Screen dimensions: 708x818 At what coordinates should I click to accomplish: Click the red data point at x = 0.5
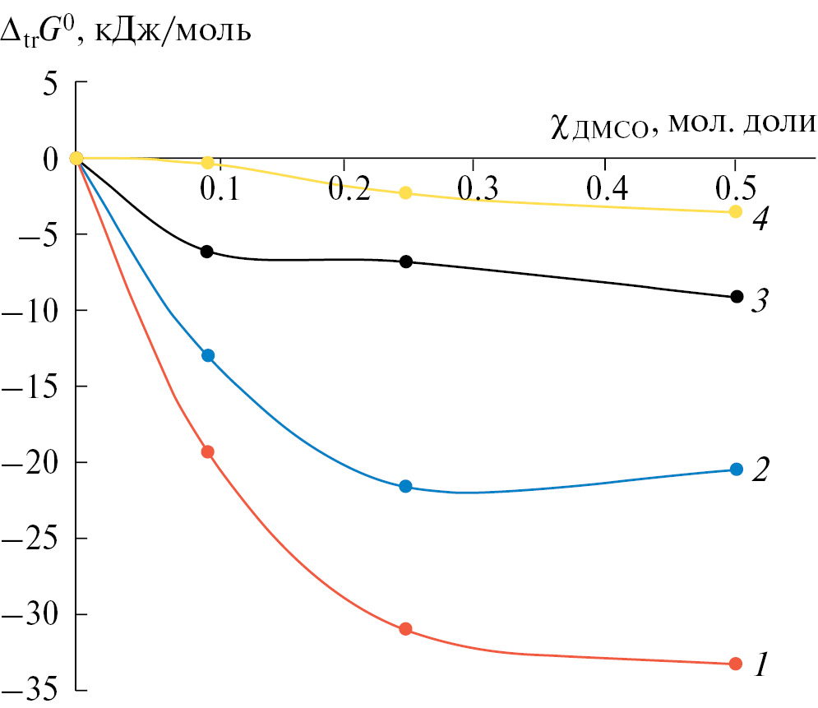pyautogui.click(x=736, y=664)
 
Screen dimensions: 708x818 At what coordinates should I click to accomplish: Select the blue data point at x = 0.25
pyautogui.click(x=405, y=487)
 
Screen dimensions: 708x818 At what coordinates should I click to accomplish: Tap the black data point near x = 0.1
pyautogui.click(x=207, y=252)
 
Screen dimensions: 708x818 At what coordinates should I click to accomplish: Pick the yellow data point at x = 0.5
pyautogui.click(x=736, y=212)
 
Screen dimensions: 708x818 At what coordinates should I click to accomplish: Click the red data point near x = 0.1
pyautogui.click(x=207, y=451)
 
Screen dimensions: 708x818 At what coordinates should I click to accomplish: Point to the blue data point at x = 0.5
pyautogui.click(x=736, y=470)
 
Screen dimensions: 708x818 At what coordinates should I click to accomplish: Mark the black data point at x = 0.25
pyautogui.click(x=405, y=261)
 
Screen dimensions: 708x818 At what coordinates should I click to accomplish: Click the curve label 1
pyautogui.click(x=762, y=663)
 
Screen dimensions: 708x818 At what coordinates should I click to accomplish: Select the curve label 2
pyautogui.click(x=761, y=470)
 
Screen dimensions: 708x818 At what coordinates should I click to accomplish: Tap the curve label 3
pyautogui.click(x=760, y=302)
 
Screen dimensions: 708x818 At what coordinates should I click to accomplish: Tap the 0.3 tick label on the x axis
pyautogui.click(x=478, y=190)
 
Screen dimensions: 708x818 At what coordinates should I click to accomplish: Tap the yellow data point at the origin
pyautogui.click(x=76, y=158)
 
